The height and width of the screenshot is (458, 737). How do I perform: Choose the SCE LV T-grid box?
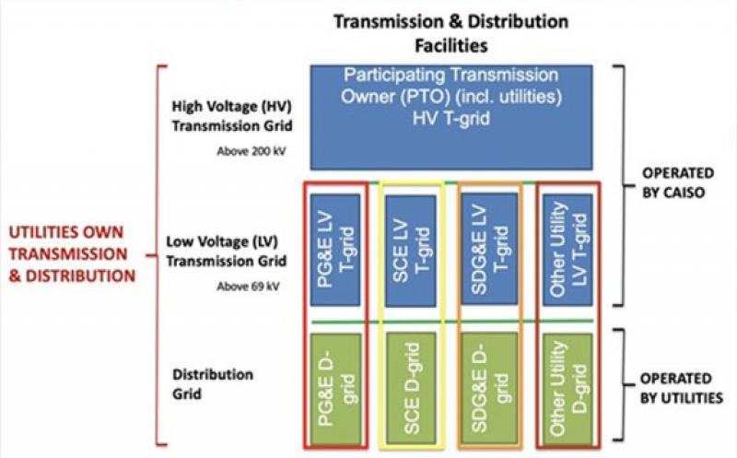click(x=407, y=248)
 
